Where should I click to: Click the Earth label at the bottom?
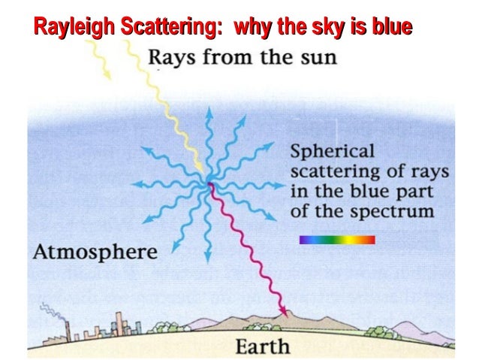tap(263, 346)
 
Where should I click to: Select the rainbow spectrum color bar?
tap(336, 240)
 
